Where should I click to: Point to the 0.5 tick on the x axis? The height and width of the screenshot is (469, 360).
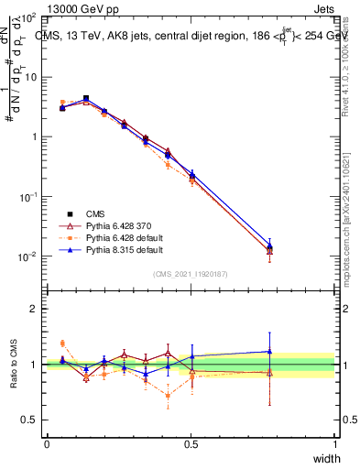click(x=191, y=443)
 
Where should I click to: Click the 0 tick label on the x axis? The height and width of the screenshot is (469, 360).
click(x=47, y=443)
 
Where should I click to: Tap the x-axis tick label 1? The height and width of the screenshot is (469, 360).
click(x=335, y=443)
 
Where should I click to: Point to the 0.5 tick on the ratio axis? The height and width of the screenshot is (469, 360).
click(x=30, y=420)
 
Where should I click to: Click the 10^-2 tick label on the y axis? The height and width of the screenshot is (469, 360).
click(x=27, y=256)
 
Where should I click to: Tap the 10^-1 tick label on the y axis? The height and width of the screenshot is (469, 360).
click(x=27, y=197)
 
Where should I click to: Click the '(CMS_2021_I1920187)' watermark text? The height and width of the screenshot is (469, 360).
click(x=191, y=273)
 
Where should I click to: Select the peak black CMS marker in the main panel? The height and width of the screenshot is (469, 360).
click(x=86, y=98)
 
